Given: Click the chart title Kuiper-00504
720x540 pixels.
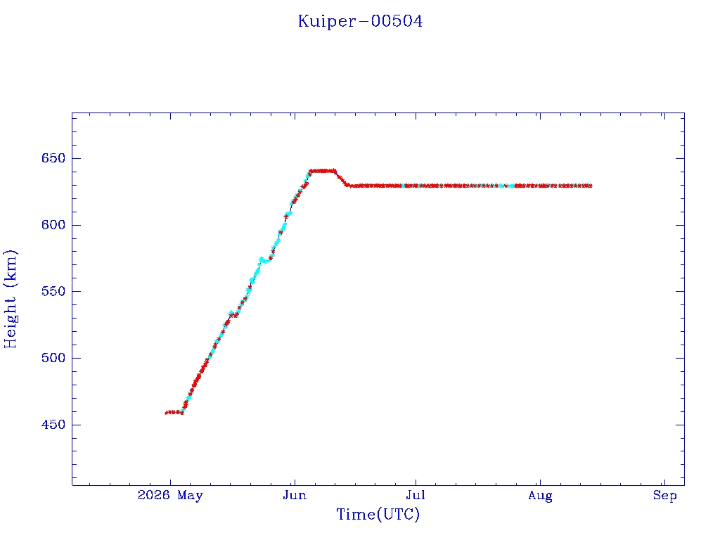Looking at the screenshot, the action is point(360,21).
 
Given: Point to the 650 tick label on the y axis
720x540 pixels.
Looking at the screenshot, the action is point(53,158).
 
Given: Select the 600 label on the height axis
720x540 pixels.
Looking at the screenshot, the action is point(53,225).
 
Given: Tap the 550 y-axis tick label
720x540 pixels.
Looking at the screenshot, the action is point(53,292).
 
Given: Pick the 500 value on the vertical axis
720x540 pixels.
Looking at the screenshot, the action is point(53,358).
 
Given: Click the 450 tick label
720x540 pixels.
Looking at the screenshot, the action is point(53,425).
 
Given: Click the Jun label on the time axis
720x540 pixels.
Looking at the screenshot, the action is point(295,495).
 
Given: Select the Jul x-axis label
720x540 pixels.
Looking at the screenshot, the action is point(416,495).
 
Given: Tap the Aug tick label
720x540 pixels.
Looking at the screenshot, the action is point(540,496).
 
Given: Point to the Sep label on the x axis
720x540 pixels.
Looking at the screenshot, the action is point(665,496).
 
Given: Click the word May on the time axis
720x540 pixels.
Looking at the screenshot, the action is point(190,496).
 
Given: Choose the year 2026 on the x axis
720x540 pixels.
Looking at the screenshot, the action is point(154,495).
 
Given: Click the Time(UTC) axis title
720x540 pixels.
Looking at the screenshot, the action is point(378,514).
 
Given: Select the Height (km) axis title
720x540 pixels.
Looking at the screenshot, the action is point(10,299).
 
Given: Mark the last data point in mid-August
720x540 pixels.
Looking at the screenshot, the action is point(590,186).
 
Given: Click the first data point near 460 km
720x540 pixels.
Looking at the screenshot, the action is point(166,413).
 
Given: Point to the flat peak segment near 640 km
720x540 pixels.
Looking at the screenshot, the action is point(323,171).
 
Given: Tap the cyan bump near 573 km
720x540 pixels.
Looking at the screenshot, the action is point(264,261).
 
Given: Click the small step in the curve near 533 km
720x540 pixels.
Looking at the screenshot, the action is point(233,314).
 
